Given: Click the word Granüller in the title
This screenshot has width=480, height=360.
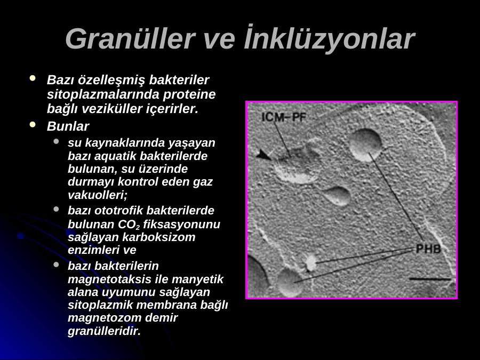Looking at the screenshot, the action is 130,39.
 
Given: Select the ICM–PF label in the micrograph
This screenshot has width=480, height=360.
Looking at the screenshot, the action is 284,117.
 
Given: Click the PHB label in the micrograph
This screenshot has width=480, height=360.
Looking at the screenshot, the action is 428,249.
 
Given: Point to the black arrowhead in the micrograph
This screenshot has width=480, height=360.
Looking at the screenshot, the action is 263,155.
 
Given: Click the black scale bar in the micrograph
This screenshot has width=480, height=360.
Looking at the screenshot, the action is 430,279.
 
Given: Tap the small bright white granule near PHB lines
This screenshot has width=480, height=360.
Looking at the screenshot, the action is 311,263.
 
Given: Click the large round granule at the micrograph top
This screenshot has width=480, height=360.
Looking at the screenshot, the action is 365,145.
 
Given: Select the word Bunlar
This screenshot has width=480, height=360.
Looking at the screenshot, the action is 68,126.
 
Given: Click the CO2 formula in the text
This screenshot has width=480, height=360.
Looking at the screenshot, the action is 129,225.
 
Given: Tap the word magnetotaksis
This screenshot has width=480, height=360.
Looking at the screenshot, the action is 109,279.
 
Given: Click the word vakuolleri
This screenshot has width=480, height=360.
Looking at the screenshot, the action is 98,195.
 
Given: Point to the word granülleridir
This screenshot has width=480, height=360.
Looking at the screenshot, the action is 104,331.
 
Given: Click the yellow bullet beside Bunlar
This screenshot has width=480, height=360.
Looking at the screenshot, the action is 33,125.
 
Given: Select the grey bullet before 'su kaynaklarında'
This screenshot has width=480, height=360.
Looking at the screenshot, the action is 56,141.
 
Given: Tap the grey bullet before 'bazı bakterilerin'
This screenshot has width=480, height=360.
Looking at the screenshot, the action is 56,265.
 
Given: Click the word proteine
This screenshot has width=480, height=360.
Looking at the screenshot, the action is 189,94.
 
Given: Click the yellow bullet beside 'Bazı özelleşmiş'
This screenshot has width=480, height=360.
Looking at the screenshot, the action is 33,78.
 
